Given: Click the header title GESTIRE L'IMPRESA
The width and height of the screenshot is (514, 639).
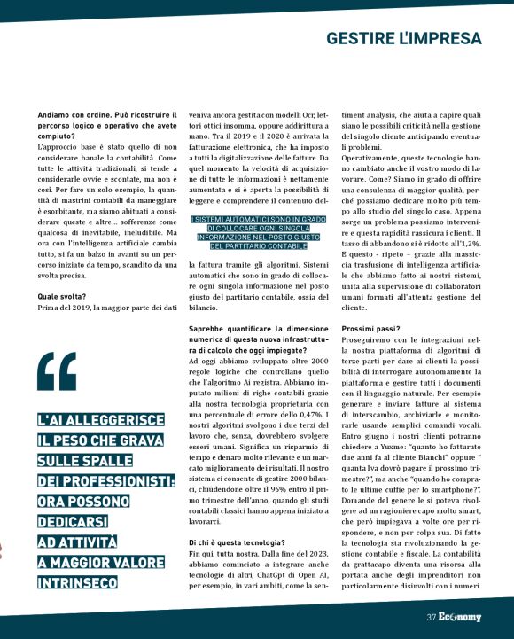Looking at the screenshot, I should click(x=403, y=39).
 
